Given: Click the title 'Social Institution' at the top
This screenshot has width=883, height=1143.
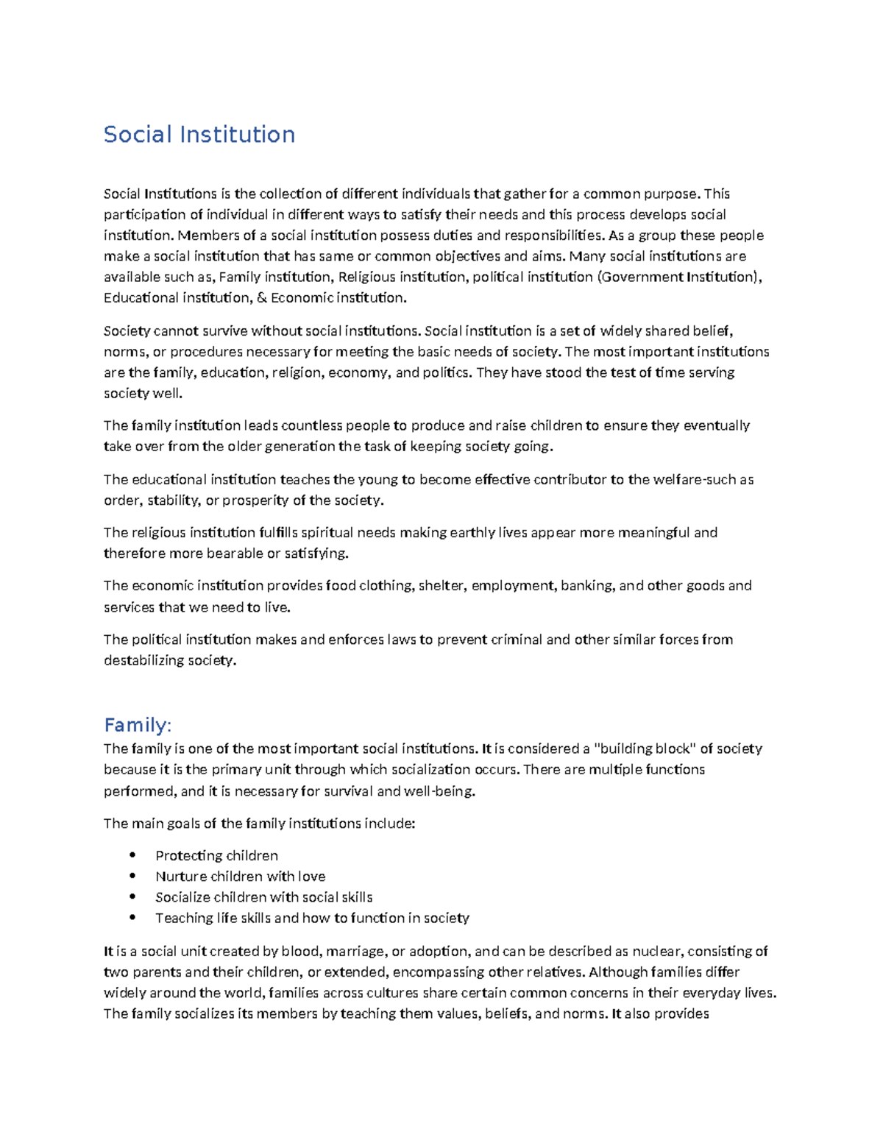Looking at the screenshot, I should [199, 135].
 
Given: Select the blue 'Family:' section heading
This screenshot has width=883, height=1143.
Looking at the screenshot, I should [138, 726].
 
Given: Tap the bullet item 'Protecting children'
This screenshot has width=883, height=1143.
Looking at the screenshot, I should [216, 855].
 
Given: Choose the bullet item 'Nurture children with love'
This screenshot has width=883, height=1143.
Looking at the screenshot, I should [240, 876].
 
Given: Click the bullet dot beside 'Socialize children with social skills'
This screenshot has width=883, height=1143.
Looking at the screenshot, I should [132, 896].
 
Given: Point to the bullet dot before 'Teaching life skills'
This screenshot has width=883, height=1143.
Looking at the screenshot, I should [132, 917].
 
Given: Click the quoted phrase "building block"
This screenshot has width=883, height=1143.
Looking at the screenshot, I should [645, 749].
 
